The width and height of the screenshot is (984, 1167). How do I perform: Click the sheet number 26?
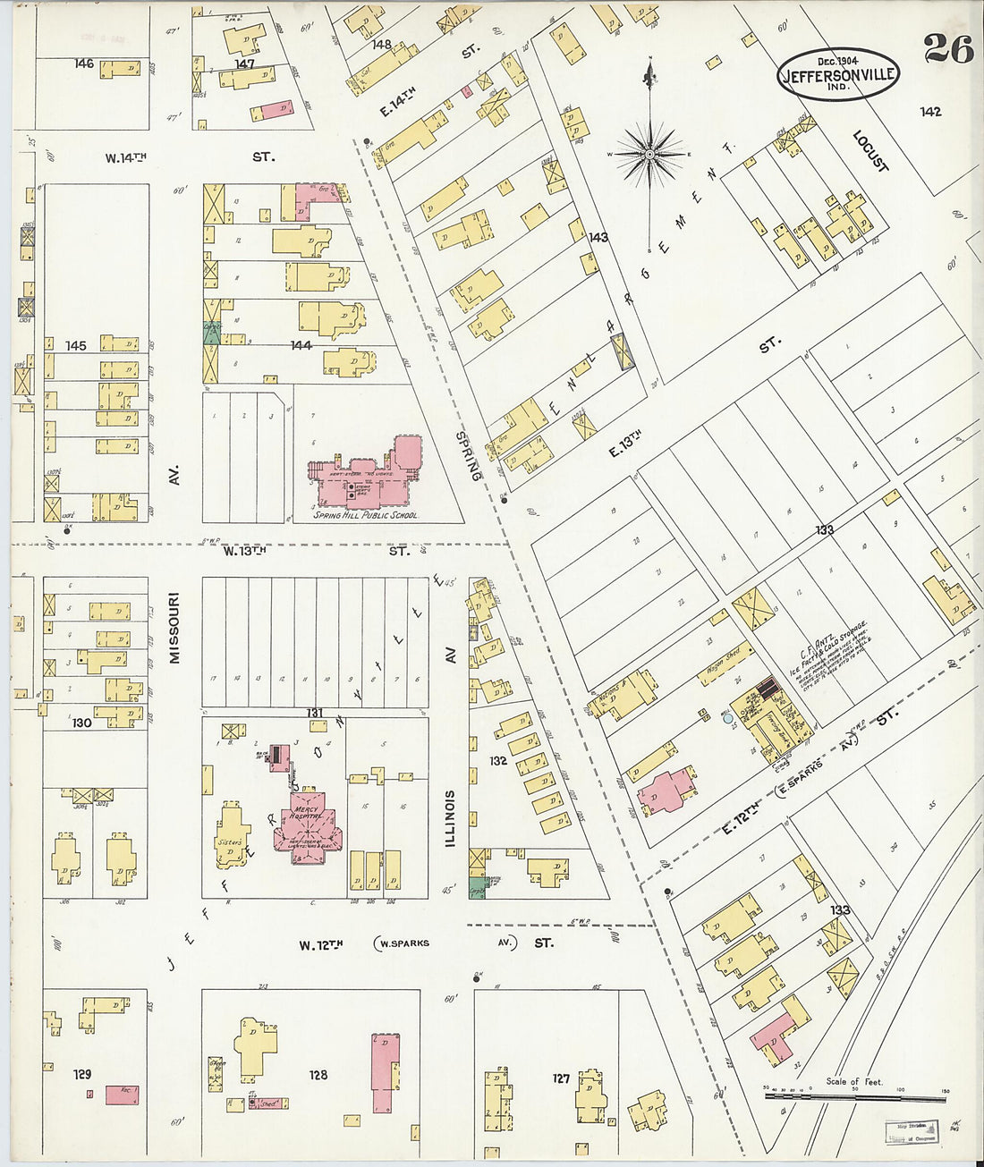[x=948, y=49]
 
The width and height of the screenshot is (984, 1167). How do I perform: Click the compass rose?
[x=651, y=155]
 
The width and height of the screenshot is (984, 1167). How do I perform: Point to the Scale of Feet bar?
[x=854, y=1094]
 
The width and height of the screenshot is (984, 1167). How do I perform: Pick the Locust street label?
[x=869, y=152]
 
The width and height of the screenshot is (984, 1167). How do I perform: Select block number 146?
[x=84, y=63]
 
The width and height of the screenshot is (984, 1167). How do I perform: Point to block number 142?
[x=930, y=112]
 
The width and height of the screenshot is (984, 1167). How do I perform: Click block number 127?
[x=560, y=1078]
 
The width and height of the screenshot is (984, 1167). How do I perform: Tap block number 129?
[x=83, y=1074]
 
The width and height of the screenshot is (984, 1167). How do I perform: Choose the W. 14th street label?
[x=125, y=157]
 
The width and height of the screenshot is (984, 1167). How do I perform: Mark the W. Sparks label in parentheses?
[x=403, y=943]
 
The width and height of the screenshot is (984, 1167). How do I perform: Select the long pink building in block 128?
[x=386, y=1073]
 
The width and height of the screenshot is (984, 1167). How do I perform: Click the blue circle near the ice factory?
[x=727, y=717]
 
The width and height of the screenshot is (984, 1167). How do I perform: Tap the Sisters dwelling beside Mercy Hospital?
[x=231, y=836]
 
